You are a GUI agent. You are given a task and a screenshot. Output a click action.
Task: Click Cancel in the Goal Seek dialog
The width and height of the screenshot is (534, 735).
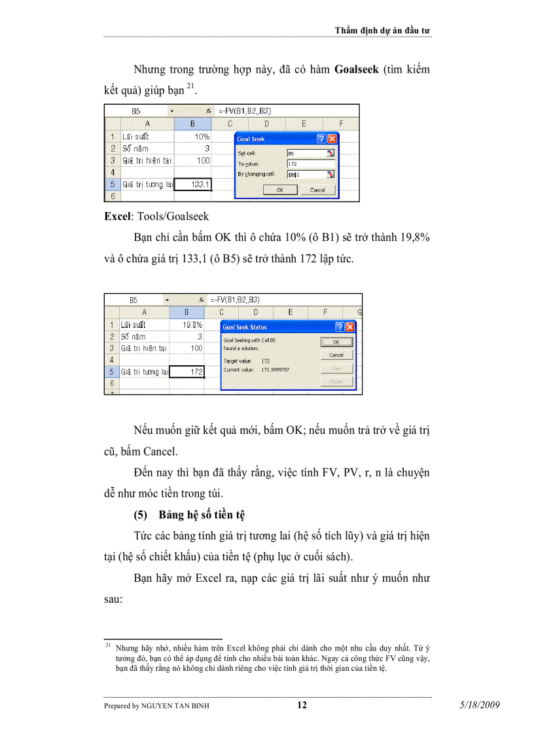317,190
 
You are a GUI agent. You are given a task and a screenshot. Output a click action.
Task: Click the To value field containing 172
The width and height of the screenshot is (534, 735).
310,164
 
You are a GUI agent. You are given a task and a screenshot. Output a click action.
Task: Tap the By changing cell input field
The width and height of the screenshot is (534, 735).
310,174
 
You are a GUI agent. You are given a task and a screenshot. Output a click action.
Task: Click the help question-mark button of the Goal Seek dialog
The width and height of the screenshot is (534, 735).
321,139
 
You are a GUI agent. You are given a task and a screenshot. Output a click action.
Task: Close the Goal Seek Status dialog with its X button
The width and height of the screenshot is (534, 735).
350,327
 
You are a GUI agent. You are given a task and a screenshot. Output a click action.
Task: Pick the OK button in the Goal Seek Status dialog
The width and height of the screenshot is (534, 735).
336,342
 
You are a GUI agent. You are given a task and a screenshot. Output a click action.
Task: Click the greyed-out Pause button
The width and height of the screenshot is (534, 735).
336,382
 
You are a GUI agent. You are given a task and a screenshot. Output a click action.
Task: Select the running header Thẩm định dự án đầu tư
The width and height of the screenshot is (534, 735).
382,30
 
